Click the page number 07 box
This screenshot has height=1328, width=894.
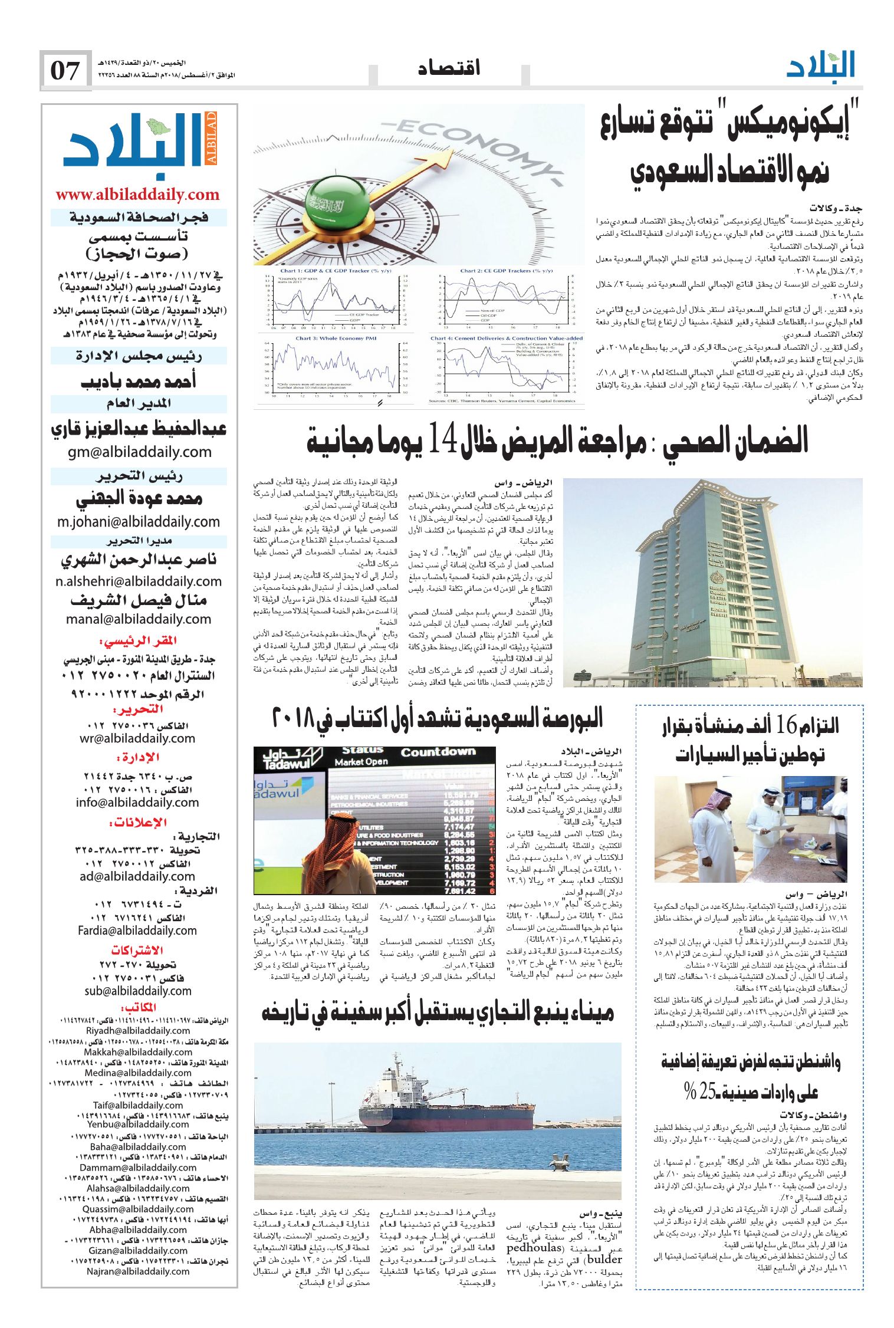coord(65,70)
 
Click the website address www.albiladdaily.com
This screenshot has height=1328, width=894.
coord(137,195)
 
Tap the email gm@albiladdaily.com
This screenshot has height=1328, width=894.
coord(139,452)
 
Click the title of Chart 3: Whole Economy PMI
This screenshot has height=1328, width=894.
coord(327,338)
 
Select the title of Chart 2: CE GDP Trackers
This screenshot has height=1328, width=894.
coord(506,271)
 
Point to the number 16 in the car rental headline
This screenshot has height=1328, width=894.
coord(786,725)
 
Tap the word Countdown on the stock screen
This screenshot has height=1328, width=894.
coord(438,752)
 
